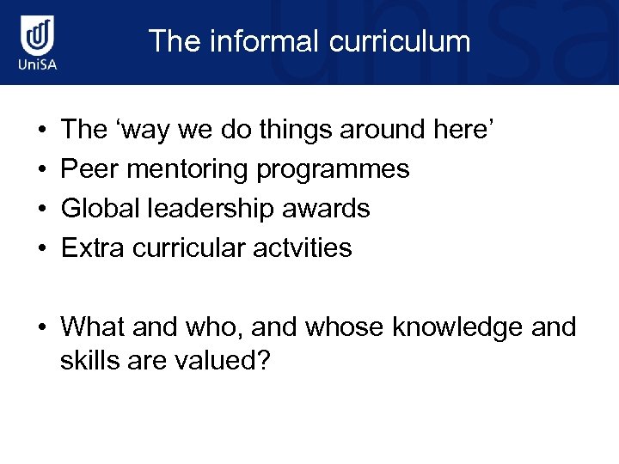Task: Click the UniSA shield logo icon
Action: (38, 37)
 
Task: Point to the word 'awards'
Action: (331, 209)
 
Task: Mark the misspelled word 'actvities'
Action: (302, 248)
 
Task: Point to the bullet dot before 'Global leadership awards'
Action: (43, 210)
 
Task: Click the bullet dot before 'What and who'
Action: (43, 328)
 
